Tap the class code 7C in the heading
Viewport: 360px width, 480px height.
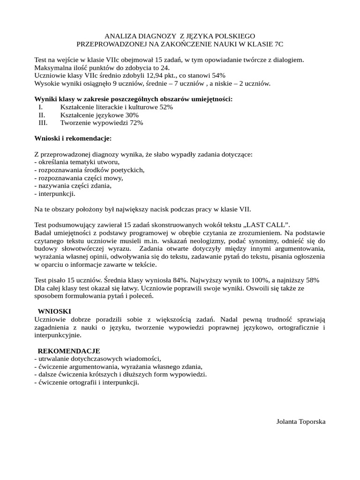point(278,44)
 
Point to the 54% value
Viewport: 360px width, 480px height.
point(218,75)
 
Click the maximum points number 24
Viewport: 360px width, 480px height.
point(162,67)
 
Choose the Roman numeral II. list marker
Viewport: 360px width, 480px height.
point(42,115)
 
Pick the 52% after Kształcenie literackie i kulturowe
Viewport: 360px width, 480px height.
point(166,107)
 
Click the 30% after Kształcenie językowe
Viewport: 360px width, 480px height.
point(132,115)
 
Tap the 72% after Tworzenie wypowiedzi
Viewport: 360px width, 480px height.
point(136,123)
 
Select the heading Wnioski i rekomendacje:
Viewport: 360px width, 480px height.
point(73,139)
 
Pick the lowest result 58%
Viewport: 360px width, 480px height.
point(311,280)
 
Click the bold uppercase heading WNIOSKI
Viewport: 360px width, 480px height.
point(54,311)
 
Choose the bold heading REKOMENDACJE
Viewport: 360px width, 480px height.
point(69,351)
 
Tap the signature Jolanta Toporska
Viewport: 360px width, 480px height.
point(301,421)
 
